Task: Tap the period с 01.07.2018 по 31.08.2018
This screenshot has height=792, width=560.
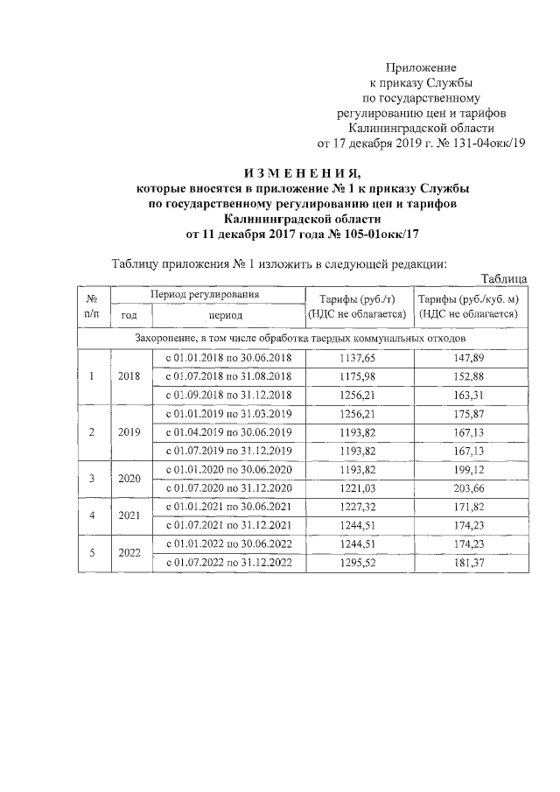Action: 227,376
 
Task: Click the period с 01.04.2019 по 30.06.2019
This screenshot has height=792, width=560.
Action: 227,432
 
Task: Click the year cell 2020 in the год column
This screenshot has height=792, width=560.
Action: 129,479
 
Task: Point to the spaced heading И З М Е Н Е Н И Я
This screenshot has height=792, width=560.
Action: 302,172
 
